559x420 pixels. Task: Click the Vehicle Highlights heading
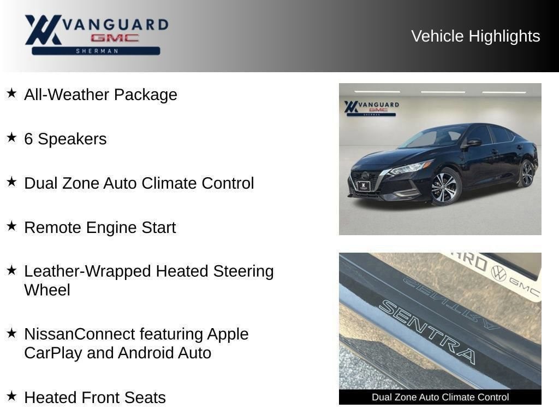475,37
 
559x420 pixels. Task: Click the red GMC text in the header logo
115,38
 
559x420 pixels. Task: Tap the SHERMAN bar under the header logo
96,51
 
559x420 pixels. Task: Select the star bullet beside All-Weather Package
12,93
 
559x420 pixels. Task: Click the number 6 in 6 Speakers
28,139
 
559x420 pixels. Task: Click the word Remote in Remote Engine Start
53,227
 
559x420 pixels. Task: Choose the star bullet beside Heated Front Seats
12,396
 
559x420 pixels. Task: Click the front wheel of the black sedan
445,187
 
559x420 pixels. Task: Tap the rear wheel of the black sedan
527,174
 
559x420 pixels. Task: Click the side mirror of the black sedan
473,143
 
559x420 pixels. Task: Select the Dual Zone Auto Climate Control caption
441,397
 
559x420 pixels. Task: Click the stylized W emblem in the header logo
43,30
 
